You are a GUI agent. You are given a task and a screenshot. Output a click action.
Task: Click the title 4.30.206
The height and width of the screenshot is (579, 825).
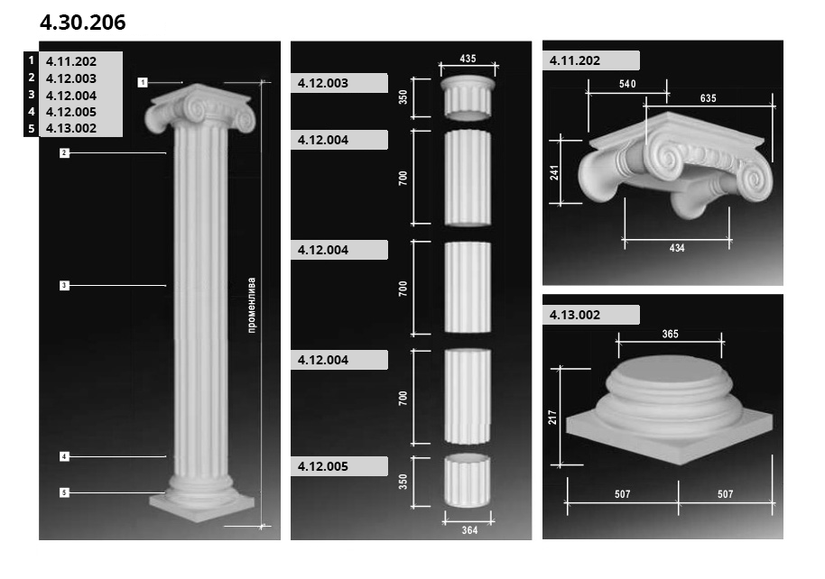[x=83, y=23]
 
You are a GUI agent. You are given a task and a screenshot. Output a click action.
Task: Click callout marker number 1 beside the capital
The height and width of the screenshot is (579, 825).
[x=143, y=83]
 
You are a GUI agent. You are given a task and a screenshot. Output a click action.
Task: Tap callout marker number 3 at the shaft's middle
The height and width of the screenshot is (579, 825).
[x=64, y=286]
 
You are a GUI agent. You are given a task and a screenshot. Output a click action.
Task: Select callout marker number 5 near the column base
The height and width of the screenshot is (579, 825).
[x=64, y=492]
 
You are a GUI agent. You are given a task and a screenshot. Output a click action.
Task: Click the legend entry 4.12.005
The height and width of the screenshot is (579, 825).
[x=71, y=112]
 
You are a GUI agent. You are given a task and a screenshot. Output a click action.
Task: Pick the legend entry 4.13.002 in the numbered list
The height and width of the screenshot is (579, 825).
[x=71, y=128]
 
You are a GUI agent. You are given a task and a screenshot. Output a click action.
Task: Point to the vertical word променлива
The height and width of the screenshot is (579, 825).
[x=252, y=305]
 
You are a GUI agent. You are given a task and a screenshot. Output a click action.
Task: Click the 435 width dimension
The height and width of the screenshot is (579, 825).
[x=468, y=59]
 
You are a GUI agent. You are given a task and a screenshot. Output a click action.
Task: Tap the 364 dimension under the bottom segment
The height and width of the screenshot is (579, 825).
[x=469, y=530]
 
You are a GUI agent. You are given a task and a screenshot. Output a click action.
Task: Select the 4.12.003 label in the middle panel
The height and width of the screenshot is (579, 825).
[x=323, y=83]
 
